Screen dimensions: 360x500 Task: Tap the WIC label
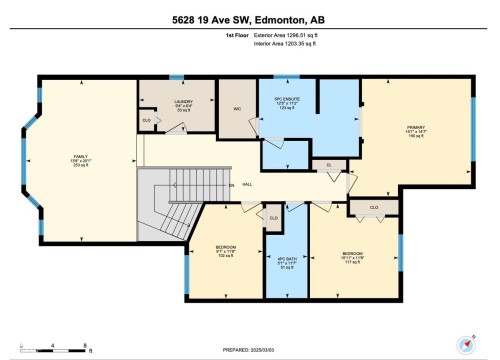(x=236, y=110)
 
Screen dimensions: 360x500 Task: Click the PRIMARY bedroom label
(x=415, y=130)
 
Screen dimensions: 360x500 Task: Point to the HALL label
(x=247, y=185)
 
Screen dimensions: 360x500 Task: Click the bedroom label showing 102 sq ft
(x=225, y=251)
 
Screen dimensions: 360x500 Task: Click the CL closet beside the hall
(x=329, y=166)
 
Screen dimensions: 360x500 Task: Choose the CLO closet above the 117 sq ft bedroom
(x=374, y=208)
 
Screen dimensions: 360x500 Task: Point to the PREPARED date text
(x=250, y=347)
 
